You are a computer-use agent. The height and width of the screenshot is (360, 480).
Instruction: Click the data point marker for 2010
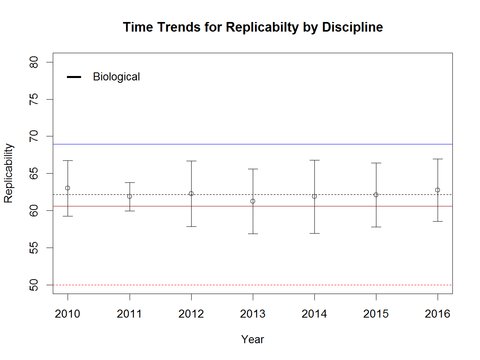[68, 188]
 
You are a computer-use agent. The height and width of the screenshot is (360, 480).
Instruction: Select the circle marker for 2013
[253, 201]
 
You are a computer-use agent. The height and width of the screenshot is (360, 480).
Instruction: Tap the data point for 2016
[438, 190]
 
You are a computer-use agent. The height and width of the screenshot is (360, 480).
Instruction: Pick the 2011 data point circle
[130, 196]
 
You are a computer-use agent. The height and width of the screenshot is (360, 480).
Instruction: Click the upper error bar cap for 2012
[191, 161]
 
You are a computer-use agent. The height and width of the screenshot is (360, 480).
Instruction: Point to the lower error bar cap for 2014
[314, 233]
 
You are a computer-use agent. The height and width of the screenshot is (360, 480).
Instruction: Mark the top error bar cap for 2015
[376, 163]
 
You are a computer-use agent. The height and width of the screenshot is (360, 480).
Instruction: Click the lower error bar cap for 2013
[253, 234]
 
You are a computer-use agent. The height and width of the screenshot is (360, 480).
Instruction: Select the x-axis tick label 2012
[191, 314]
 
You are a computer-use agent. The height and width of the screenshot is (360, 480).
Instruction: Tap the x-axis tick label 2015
[376, 314]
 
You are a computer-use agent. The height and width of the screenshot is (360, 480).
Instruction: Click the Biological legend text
[116, 77]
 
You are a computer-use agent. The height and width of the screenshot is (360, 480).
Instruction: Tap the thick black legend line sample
[74, 77]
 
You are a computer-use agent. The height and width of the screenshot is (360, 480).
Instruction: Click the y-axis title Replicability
[9, 173]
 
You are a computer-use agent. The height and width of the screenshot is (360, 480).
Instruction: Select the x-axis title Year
[253, 340]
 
